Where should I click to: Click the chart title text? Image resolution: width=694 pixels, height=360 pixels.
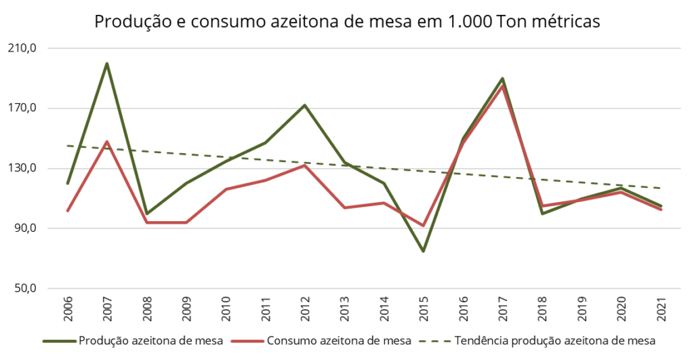(347, 21)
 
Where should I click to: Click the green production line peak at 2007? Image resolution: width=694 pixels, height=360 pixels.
(106, 64)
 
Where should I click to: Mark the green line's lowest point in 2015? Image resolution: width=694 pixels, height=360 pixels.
(423, 251)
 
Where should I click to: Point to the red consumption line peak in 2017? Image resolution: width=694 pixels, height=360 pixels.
(502, 86)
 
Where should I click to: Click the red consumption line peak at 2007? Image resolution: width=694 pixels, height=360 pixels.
(106, 142)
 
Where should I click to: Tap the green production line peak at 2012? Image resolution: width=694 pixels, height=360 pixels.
(305, 105)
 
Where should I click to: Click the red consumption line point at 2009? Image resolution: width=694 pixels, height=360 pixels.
(186, 222)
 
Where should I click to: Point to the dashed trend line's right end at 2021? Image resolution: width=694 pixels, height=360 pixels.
(661, 188)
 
